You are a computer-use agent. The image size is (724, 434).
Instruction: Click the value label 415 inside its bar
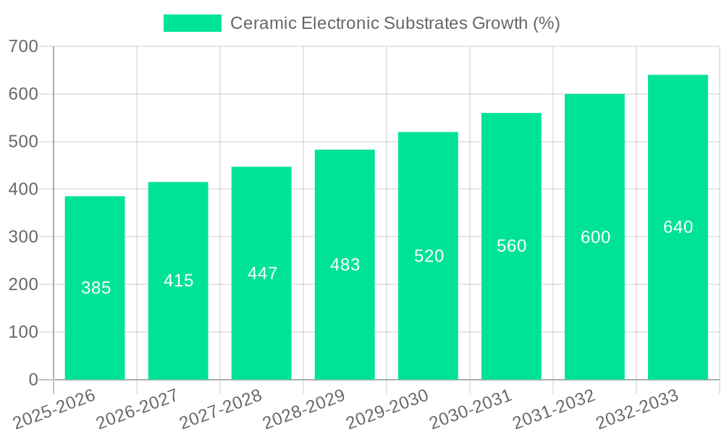pyautogui.click(x=179, y=281)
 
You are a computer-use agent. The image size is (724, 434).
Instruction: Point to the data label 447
pyautogui.click(x=262, y=273)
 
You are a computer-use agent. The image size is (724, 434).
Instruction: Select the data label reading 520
pyautogui.click(x=429, y=256)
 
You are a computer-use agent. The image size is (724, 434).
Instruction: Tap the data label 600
pyautogui.click(x=595, y=237)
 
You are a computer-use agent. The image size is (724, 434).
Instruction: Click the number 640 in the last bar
pyautogui.click(x=678, y=227)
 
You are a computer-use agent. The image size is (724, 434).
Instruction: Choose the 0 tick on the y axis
pyautogui.click(x=33, y=380)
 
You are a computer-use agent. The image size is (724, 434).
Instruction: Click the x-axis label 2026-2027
pyautogui.click(x=137, y=409)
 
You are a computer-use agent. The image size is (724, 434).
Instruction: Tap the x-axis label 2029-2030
pyautogui.click(x=387, y=409)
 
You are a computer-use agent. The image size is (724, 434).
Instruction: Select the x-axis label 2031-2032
pyautogui.click(x=553, y=409)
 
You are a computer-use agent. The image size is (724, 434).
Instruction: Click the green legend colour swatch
pyautogui.click(x=192, y=23)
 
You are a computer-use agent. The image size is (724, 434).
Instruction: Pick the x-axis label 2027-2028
pyautogui.click(x=220, y=409)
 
